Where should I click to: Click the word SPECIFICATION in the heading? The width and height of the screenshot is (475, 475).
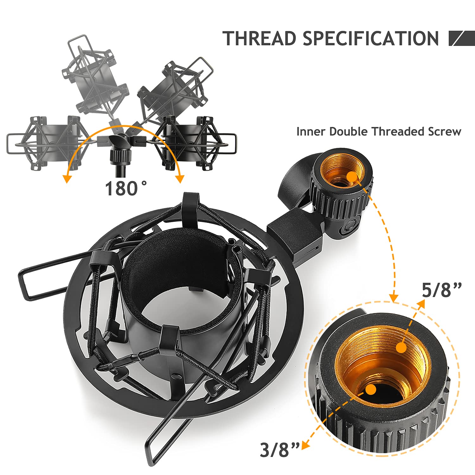tap(371, 38)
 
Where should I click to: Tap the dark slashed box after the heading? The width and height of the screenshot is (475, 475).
tap(462, 38)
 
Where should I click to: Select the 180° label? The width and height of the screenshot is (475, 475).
tap(126, 188)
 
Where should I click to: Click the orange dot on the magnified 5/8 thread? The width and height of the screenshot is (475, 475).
tap(401, 348)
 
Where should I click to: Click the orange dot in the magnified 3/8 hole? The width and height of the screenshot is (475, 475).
tap(370, 389)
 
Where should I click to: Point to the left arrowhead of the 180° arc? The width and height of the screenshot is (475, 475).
tap(66, 179)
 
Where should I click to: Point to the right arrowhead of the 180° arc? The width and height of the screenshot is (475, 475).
tap(180, 179)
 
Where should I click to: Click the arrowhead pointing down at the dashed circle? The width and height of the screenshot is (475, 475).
tap(394, 298)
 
